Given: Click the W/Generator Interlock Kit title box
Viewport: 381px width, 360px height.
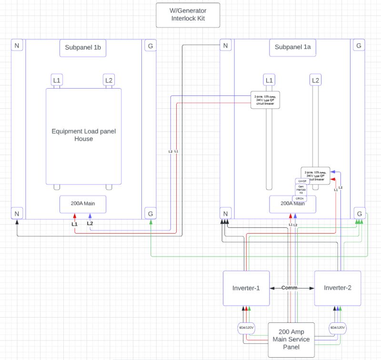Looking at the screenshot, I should coord(188,15).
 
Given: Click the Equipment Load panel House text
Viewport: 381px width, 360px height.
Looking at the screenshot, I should coord(83,135).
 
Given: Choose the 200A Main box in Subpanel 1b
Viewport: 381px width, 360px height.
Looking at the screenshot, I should coord(83,204).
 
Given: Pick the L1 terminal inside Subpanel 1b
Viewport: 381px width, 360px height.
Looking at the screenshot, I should coord(57,80).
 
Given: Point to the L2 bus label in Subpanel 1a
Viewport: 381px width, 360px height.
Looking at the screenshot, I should coord(315,80).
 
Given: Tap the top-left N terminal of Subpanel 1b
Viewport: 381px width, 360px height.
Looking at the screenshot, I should coord(18,46).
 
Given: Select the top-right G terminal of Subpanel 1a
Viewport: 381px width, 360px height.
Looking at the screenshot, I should coord(359,46).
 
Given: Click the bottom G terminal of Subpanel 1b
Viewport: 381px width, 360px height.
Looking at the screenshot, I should coord(150,214).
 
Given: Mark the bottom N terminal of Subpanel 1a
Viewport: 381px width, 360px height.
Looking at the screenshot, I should coord(226,214).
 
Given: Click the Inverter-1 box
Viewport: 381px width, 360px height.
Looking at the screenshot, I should coord(247,288).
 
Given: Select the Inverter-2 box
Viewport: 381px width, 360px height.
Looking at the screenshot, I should coord(337,288).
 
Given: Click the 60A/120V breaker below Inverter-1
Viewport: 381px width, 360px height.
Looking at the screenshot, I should coord(247,329).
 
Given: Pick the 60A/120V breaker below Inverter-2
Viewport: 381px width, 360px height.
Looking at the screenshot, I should coord(337,329).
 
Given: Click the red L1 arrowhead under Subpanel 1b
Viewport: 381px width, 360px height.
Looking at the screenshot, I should coord(74,217).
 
